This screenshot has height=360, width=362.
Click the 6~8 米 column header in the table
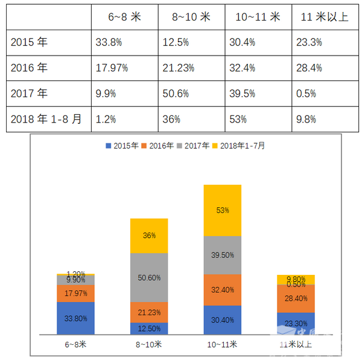tap(124, 17)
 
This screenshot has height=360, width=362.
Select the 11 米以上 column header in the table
tap(324, 17)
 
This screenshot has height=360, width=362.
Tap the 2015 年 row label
tap(29, 42)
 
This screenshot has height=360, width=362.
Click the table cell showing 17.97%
tap(112, 68)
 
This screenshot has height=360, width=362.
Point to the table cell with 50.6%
tap(176, 93)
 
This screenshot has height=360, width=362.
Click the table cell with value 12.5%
tap(176, 42)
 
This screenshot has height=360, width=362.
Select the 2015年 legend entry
tap(122, 146)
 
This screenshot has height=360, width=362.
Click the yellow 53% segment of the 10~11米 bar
tap(223, 210)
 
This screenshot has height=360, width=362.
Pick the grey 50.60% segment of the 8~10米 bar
tap(149, 277)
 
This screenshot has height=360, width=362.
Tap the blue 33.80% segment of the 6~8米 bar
tap(76, 318)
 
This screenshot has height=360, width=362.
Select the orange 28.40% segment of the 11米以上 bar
tap(296, 298)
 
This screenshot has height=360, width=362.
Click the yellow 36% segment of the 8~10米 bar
tap(149, 236)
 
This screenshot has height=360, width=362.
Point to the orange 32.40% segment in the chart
tap(223, 290)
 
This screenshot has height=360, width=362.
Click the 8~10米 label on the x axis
tap(149, 345)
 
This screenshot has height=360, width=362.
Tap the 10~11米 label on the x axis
tap(222, 345)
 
